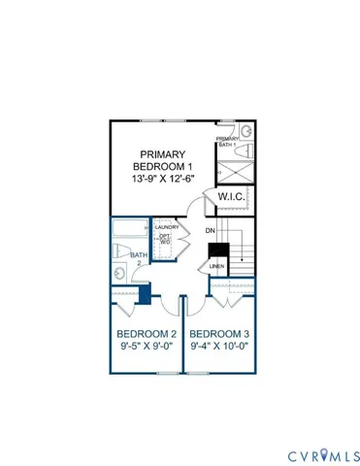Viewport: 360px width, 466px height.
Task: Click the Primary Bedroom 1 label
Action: coord(160,162)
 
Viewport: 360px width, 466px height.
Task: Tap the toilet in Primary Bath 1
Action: coord(245,131)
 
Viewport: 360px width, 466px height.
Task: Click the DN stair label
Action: coord(210,230)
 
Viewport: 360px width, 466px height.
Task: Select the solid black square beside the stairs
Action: coord(216,249)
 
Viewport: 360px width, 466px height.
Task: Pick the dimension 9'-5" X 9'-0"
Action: coord(139,345)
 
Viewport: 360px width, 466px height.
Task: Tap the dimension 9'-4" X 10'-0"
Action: coord(219,345)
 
